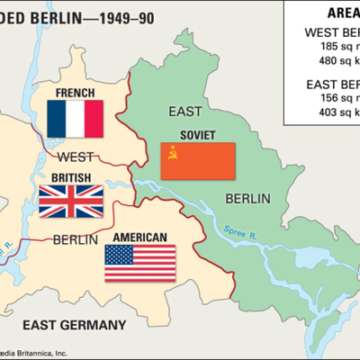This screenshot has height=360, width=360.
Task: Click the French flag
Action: click(x=76, y=119)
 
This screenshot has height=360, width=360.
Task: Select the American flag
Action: click(x=140, y=262)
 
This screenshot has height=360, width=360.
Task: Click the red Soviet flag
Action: click(x=198, y=160)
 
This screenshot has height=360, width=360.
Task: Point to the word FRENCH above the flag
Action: click(x=75, y=94)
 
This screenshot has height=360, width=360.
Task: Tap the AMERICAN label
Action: click(x=140, y=238)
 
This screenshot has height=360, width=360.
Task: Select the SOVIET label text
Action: click(x=197, y=136)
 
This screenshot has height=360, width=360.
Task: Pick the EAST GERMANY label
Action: click(x=75, y=322)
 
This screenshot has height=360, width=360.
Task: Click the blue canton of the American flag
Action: click(x=118, y=252)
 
